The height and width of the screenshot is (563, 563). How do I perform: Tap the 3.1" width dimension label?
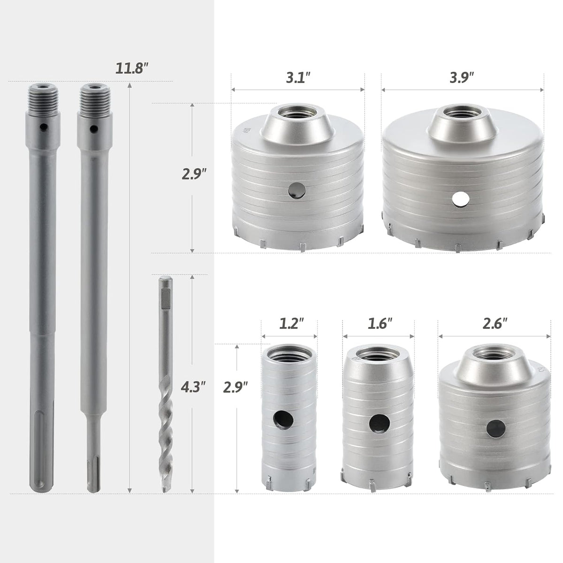pos(297,79)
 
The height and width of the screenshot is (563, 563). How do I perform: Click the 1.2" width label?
pos(291,324)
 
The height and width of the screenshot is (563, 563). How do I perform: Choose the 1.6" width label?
pos(379,324)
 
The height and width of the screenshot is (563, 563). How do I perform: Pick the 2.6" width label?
pos(495,324)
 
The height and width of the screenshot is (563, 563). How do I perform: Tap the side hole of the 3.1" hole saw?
pos(297,191)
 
